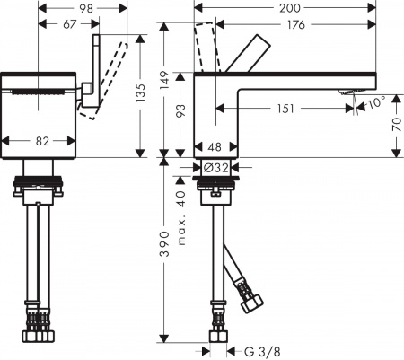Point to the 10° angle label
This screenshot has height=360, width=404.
pos(374,103)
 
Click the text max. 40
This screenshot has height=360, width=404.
pos(180,215)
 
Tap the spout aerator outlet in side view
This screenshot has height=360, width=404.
pos(347,94)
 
